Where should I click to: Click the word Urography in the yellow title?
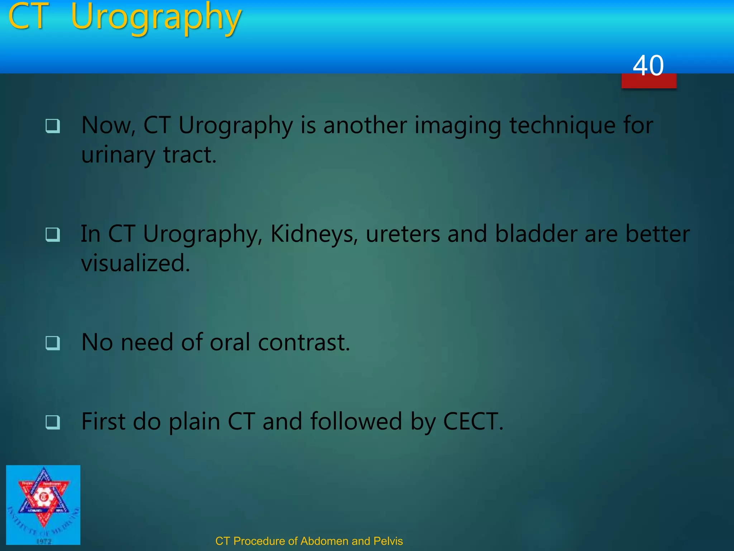click(156, 18)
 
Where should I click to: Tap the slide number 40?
click(648, 66)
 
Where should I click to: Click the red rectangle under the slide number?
click(649, 82)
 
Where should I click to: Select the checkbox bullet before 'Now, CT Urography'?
click(53, 126)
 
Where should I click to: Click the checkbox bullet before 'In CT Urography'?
click(53, 235)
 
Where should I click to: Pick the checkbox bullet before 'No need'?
click(53, 343)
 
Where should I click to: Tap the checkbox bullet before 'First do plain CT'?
click(53, 422)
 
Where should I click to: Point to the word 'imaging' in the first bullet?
click(457, 127)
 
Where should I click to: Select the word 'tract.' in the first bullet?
click(190, 155)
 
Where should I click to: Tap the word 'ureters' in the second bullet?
click(403, 234)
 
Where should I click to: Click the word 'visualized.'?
click(135, 263)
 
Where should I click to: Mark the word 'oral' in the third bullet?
click(230, 342)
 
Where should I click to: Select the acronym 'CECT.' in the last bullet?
click(473, 421)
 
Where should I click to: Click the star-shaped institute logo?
click(43, 504)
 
